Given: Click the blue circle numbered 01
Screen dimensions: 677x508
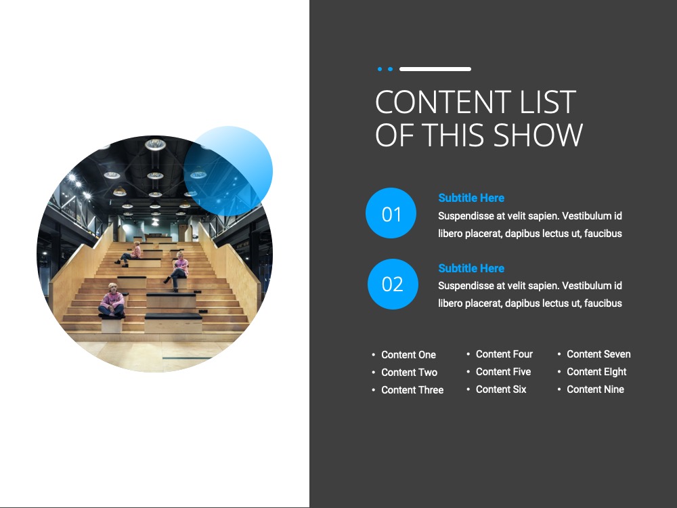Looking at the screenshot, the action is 391,213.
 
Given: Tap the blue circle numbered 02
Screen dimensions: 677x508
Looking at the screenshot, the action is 393,284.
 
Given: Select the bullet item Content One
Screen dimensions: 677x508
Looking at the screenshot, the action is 408,355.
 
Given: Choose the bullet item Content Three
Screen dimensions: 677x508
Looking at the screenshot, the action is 412,389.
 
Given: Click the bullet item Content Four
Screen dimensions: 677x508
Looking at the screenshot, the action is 504,354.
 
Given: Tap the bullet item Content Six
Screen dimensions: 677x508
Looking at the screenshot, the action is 501,389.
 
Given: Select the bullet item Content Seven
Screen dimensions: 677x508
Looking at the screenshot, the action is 598,354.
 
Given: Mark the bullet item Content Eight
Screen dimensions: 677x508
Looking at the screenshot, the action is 596,372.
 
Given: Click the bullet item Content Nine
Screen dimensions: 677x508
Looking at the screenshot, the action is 595,389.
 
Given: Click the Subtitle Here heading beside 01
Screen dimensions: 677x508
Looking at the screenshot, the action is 471,198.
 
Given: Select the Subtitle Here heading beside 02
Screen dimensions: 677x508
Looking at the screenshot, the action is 471,268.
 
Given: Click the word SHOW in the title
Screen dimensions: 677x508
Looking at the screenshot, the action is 538,135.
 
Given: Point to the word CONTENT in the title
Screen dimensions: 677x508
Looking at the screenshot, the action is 443,102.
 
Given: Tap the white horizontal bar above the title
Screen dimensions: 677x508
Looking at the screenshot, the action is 435,69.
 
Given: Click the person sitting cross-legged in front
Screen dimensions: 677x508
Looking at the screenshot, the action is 112,301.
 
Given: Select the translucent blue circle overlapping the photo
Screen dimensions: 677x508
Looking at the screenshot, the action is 228,171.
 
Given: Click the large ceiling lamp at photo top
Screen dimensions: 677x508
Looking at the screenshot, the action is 156,144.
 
